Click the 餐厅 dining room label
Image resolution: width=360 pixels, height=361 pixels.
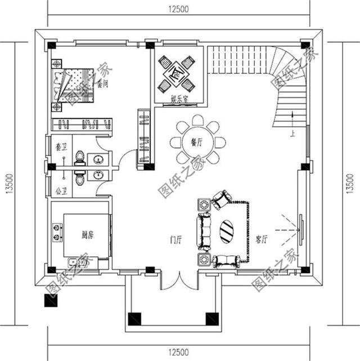click(x=196, y=142)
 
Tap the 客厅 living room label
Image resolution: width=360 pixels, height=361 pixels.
click(x=260, y=238)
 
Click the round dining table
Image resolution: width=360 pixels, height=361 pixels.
click(x=197, y=142)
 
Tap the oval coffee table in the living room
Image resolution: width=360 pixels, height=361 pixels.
click(x=227, y=231)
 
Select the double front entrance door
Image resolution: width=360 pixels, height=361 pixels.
click(x=178, y=279)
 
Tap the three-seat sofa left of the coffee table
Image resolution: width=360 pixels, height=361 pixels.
click(x=203, y=231)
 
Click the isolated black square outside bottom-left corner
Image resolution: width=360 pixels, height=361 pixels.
click(x=50, y=301)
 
